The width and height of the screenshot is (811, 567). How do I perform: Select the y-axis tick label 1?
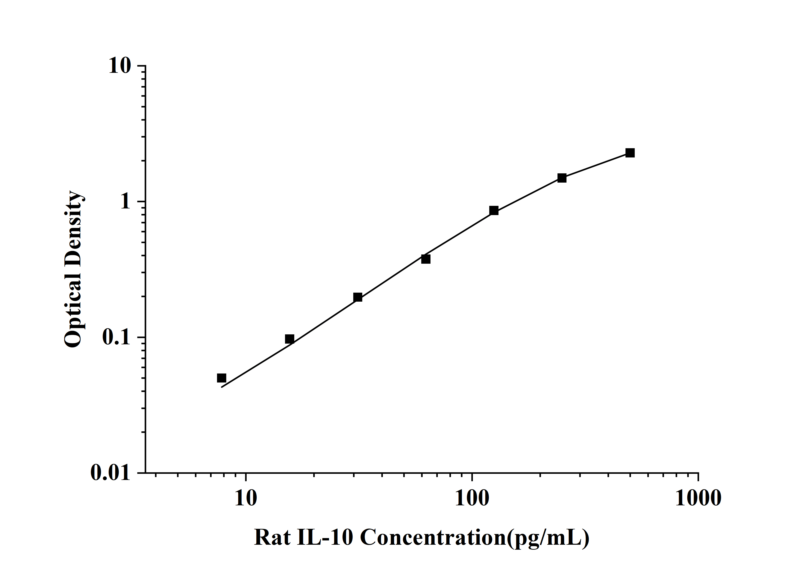(125, 202)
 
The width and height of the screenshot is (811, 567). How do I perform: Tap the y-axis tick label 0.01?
(110, 473)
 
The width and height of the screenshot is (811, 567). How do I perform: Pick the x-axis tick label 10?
(245, 498)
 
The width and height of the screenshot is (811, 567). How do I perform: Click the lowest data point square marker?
(222, 378)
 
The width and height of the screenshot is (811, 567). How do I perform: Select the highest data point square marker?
(630, 153)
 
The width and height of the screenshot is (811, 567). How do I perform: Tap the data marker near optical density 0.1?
(289, 339)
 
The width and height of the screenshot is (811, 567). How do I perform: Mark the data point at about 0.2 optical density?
(358, 297)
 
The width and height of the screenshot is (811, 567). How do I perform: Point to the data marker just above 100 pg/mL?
(494, 211)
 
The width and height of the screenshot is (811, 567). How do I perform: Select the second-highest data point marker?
(562, 178)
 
